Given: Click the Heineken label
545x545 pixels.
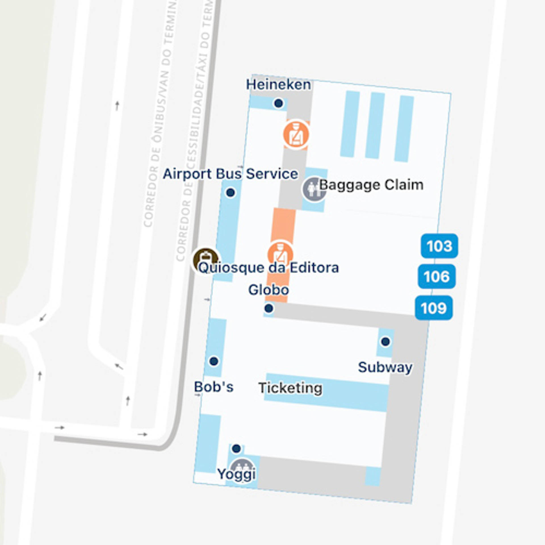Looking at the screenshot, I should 278,85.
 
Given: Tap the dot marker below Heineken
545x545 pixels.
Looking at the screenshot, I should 278,103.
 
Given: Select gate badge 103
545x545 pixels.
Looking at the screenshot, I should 439,246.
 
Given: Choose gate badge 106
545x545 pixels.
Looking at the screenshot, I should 437,276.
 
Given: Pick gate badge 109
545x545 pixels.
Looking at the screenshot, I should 434,308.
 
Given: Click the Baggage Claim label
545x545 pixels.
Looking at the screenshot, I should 371,185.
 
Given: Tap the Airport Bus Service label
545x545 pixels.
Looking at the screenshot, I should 230,174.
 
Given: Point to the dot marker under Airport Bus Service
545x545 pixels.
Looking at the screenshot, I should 230,192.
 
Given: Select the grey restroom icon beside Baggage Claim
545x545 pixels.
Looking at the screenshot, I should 313,189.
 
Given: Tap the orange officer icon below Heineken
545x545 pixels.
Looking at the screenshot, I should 296,135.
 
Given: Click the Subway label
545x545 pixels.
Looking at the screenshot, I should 385,367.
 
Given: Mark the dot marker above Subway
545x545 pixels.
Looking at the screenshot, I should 385,341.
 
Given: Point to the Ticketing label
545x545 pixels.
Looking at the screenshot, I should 290,388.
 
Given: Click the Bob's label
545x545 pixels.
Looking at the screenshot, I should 213,387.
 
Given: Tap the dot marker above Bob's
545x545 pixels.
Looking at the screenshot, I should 213,361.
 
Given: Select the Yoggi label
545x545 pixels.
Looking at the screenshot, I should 236,473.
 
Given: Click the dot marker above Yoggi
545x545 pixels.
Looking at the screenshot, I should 236,448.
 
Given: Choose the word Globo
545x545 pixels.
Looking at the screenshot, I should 269,290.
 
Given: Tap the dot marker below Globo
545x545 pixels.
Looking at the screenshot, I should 269,308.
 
